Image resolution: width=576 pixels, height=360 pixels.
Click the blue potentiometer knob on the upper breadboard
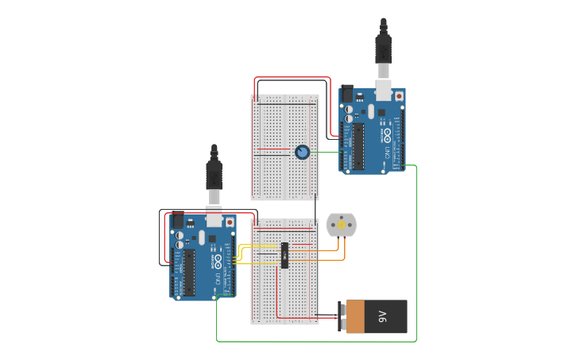tap(302, 152)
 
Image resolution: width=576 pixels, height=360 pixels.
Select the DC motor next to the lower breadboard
tap(342, 226)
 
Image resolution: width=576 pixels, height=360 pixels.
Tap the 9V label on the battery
tap(382, 317)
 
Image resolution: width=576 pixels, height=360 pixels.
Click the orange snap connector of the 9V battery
tap(354, 317)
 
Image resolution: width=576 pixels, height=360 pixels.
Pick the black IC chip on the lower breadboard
tap(284, 256)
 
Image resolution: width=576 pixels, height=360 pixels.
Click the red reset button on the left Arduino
tap(230, 223)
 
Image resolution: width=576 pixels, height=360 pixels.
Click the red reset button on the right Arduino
tap(398, 97)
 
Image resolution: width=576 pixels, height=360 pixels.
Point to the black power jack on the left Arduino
tap(177, 220)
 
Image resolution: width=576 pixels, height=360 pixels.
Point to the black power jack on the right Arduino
tap(346, 93)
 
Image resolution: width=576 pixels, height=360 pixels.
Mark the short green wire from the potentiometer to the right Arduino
tap(326, 152)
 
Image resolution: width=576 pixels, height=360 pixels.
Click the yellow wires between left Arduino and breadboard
tap(241, 254)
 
